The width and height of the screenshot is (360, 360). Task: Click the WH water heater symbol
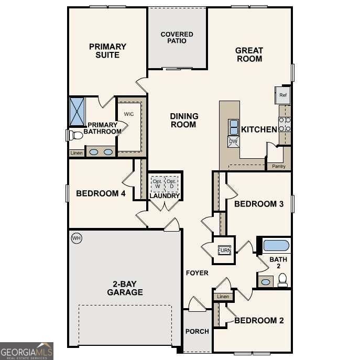point(77,238)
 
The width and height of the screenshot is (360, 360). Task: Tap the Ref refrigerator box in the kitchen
point(283,95)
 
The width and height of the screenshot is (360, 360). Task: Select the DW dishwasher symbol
point(233,141)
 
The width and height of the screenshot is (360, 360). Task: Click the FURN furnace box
point(224,249)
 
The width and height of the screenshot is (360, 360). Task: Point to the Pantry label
point(278,166)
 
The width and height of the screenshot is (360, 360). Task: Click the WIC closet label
point(129,114)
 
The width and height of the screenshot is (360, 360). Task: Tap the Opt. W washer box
point(157,184)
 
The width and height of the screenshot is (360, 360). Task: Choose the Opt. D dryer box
point(171,184)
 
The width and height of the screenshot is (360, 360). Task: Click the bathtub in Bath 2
point(276,245)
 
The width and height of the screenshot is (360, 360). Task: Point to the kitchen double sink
point(233,127)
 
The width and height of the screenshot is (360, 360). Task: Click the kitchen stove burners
point(285,124)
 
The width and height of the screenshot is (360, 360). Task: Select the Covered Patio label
point(177,38)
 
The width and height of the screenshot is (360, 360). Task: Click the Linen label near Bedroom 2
point(223,297)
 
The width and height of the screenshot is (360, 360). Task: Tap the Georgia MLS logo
point(26,351)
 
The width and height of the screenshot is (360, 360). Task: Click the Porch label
point(197,331)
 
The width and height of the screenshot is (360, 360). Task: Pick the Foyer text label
point(197,273)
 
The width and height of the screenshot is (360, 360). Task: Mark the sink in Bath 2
point(266,282)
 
